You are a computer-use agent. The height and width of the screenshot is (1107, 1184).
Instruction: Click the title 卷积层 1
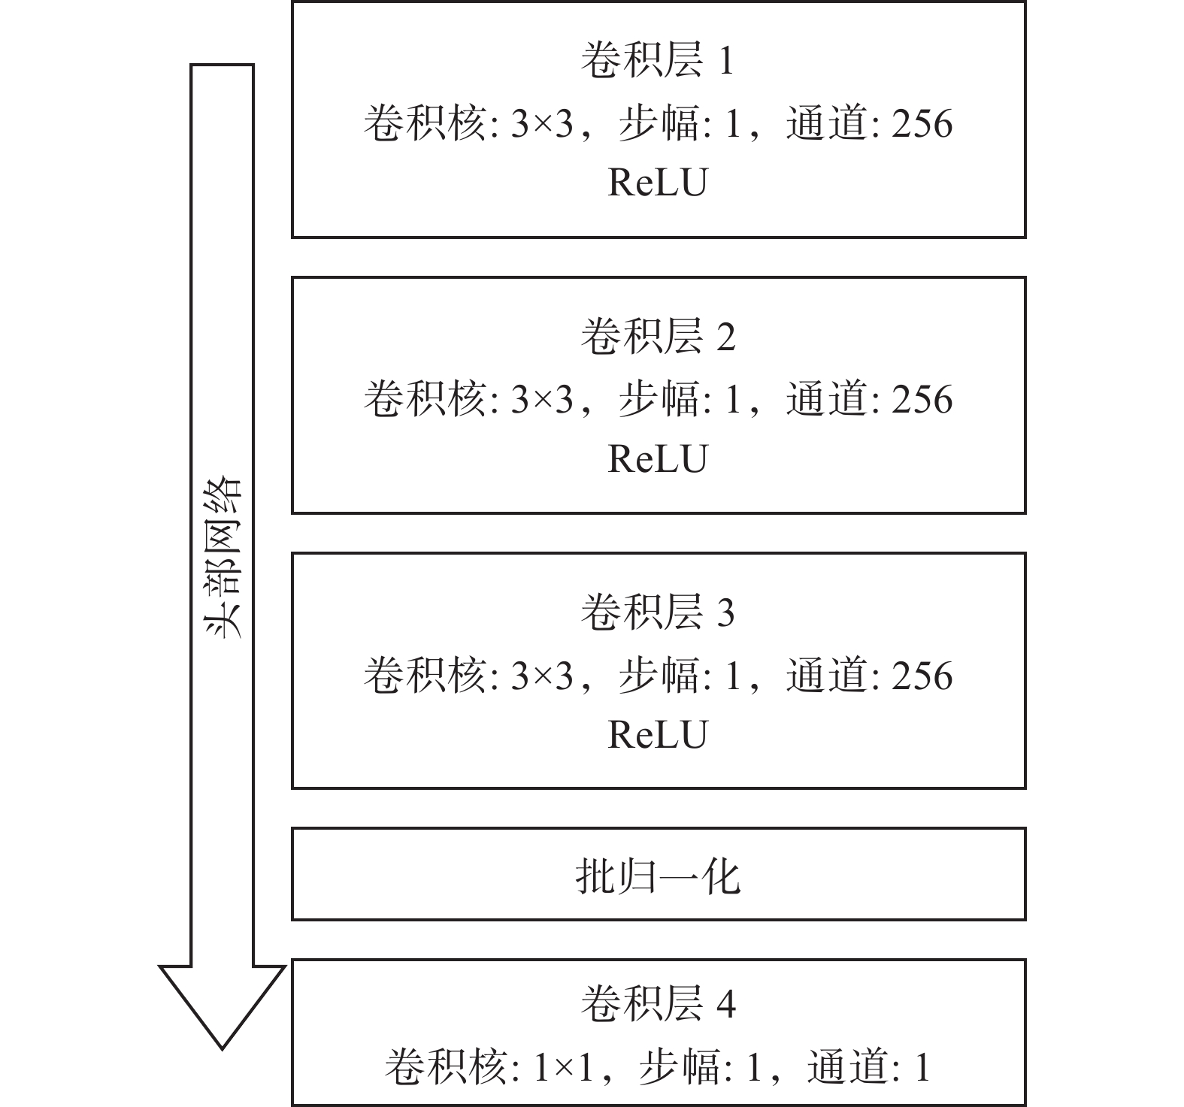point(657,60)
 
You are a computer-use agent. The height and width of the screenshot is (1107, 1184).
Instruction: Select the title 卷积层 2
point(657,336)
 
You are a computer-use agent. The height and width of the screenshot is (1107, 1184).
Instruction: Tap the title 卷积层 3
point(657,612)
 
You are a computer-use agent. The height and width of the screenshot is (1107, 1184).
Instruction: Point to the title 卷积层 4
point(657,1003)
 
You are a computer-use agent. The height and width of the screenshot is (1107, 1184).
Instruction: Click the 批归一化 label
point(658,876)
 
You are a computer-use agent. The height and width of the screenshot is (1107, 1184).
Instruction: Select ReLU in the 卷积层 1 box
point(657,183)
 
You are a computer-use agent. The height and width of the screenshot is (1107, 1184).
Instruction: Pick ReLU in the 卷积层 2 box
point(657,458)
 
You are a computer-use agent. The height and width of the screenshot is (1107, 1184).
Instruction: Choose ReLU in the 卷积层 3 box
point(657,734)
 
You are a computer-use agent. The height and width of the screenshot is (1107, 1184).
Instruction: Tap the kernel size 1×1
point(563,1068)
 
